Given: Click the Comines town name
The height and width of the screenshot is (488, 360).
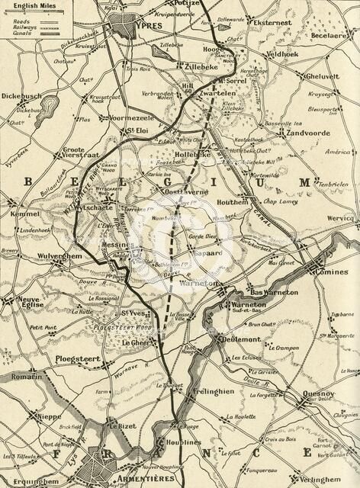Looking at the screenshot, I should (331, 271).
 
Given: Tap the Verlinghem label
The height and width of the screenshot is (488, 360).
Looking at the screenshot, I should (319, 480).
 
